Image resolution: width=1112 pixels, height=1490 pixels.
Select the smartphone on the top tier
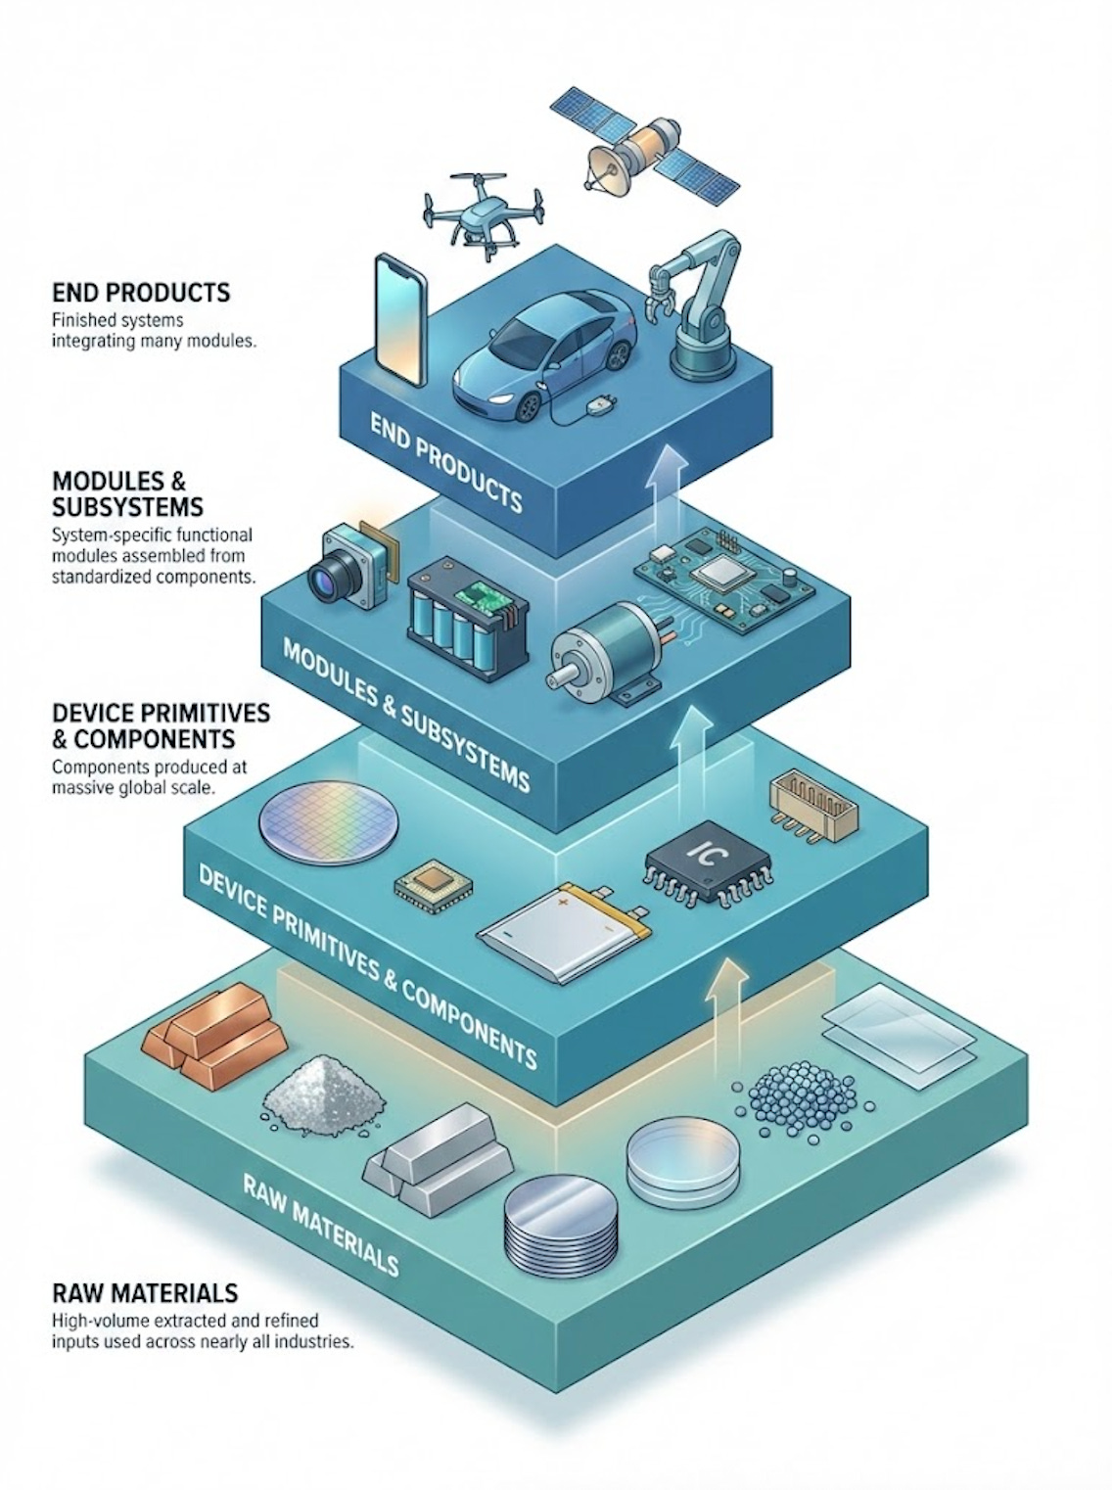(x=402, y=320)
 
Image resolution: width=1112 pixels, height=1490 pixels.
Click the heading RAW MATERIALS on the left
(x=145, y=1292)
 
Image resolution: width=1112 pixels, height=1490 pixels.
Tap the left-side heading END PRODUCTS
(x=142, y=292)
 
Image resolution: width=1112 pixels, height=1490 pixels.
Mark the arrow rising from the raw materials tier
(x=725, y=1018)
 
